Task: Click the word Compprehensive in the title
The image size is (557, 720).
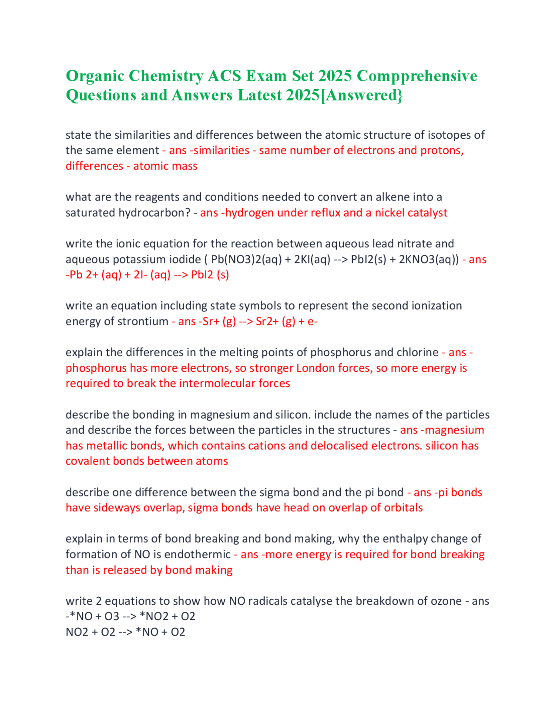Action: pos(416,76)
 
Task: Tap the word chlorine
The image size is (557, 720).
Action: pos(417,352)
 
